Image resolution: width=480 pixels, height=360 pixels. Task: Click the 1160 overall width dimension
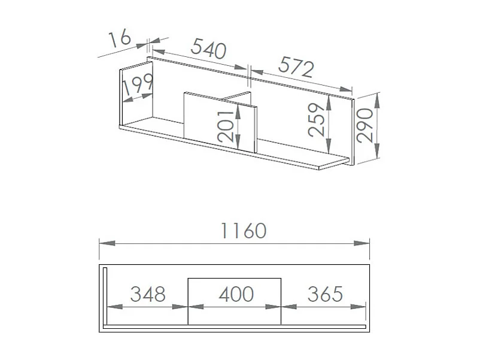[x=244, y=231]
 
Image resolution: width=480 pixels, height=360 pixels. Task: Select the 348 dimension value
[x=148, y=294]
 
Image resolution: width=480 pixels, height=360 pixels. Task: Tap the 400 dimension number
[x=236, y=294]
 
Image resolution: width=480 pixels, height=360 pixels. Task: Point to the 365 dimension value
[x=325, y=294]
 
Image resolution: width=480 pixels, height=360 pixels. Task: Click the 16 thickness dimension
[x=120, y=38]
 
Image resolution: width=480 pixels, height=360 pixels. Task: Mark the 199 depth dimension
[x=138, y=84]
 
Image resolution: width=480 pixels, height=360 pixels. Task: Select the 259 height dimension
[x=316, y=119]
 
